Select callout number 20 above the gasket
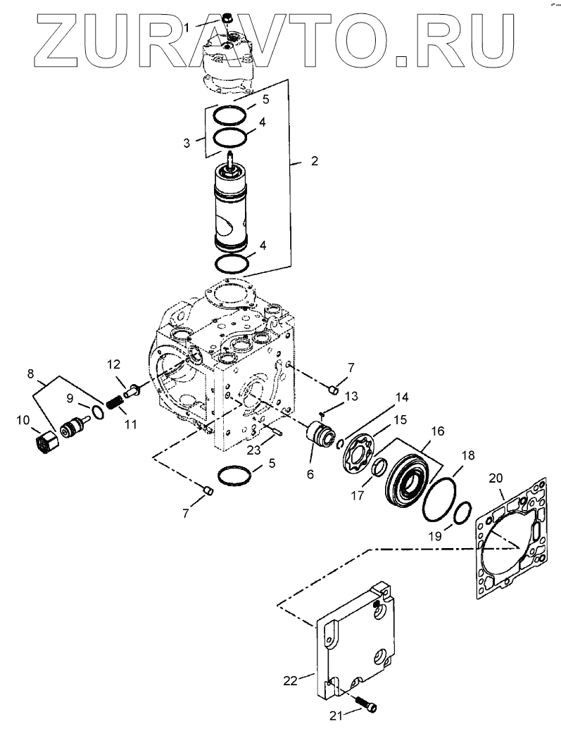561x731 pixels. coord(496,478)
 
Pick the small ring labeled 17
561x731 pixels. coord(378,466)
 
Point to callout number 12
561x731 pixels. coord(114,364)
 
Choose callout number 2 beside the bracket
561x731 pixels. coord(314,161)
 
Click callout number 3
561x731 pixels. coord(187,143)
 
